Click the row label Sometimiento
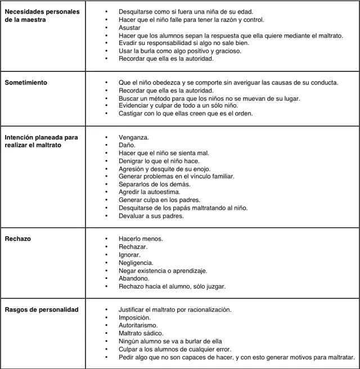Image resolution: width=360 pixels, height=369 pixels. [26, 83]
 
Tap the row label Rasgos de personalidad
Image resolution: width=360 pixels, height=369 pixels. [42, 309]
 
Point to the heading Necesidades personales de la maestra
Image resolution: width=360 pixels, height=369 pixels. [42, 15]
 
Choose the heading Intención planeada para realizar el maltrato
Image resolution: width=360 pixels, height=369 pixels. [42, 141]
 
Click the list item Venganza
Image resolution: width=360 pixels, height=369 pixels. [134, 137]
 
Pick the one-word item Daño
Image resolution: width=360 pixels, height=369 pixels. [127, 145]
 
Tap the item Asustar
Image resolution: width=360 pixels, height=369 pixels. [129, 27]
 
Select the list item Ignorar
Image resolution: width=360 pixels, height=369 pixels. [129, 255]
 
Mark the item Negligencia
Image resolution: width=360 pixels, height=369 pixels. [136, 263]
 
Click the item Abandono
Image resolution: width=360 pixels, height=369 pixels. [134, 278]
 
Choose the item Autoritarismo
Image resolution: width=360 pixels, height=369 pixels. [138, 325]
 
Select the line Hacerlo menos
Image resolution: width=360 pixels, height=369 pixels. [141, 239]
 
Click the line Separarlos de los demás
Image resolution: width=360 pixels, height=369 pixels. [154, 184]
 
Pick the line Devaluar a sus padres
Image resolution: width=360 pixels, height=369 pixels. [151, 216]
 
